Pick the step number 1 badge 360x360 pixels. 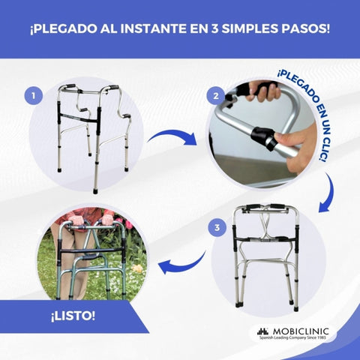pos(32,95)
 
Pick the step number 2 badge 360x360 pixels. pos(216,96)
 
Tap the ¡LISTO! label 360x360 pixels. pos(73,315)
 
